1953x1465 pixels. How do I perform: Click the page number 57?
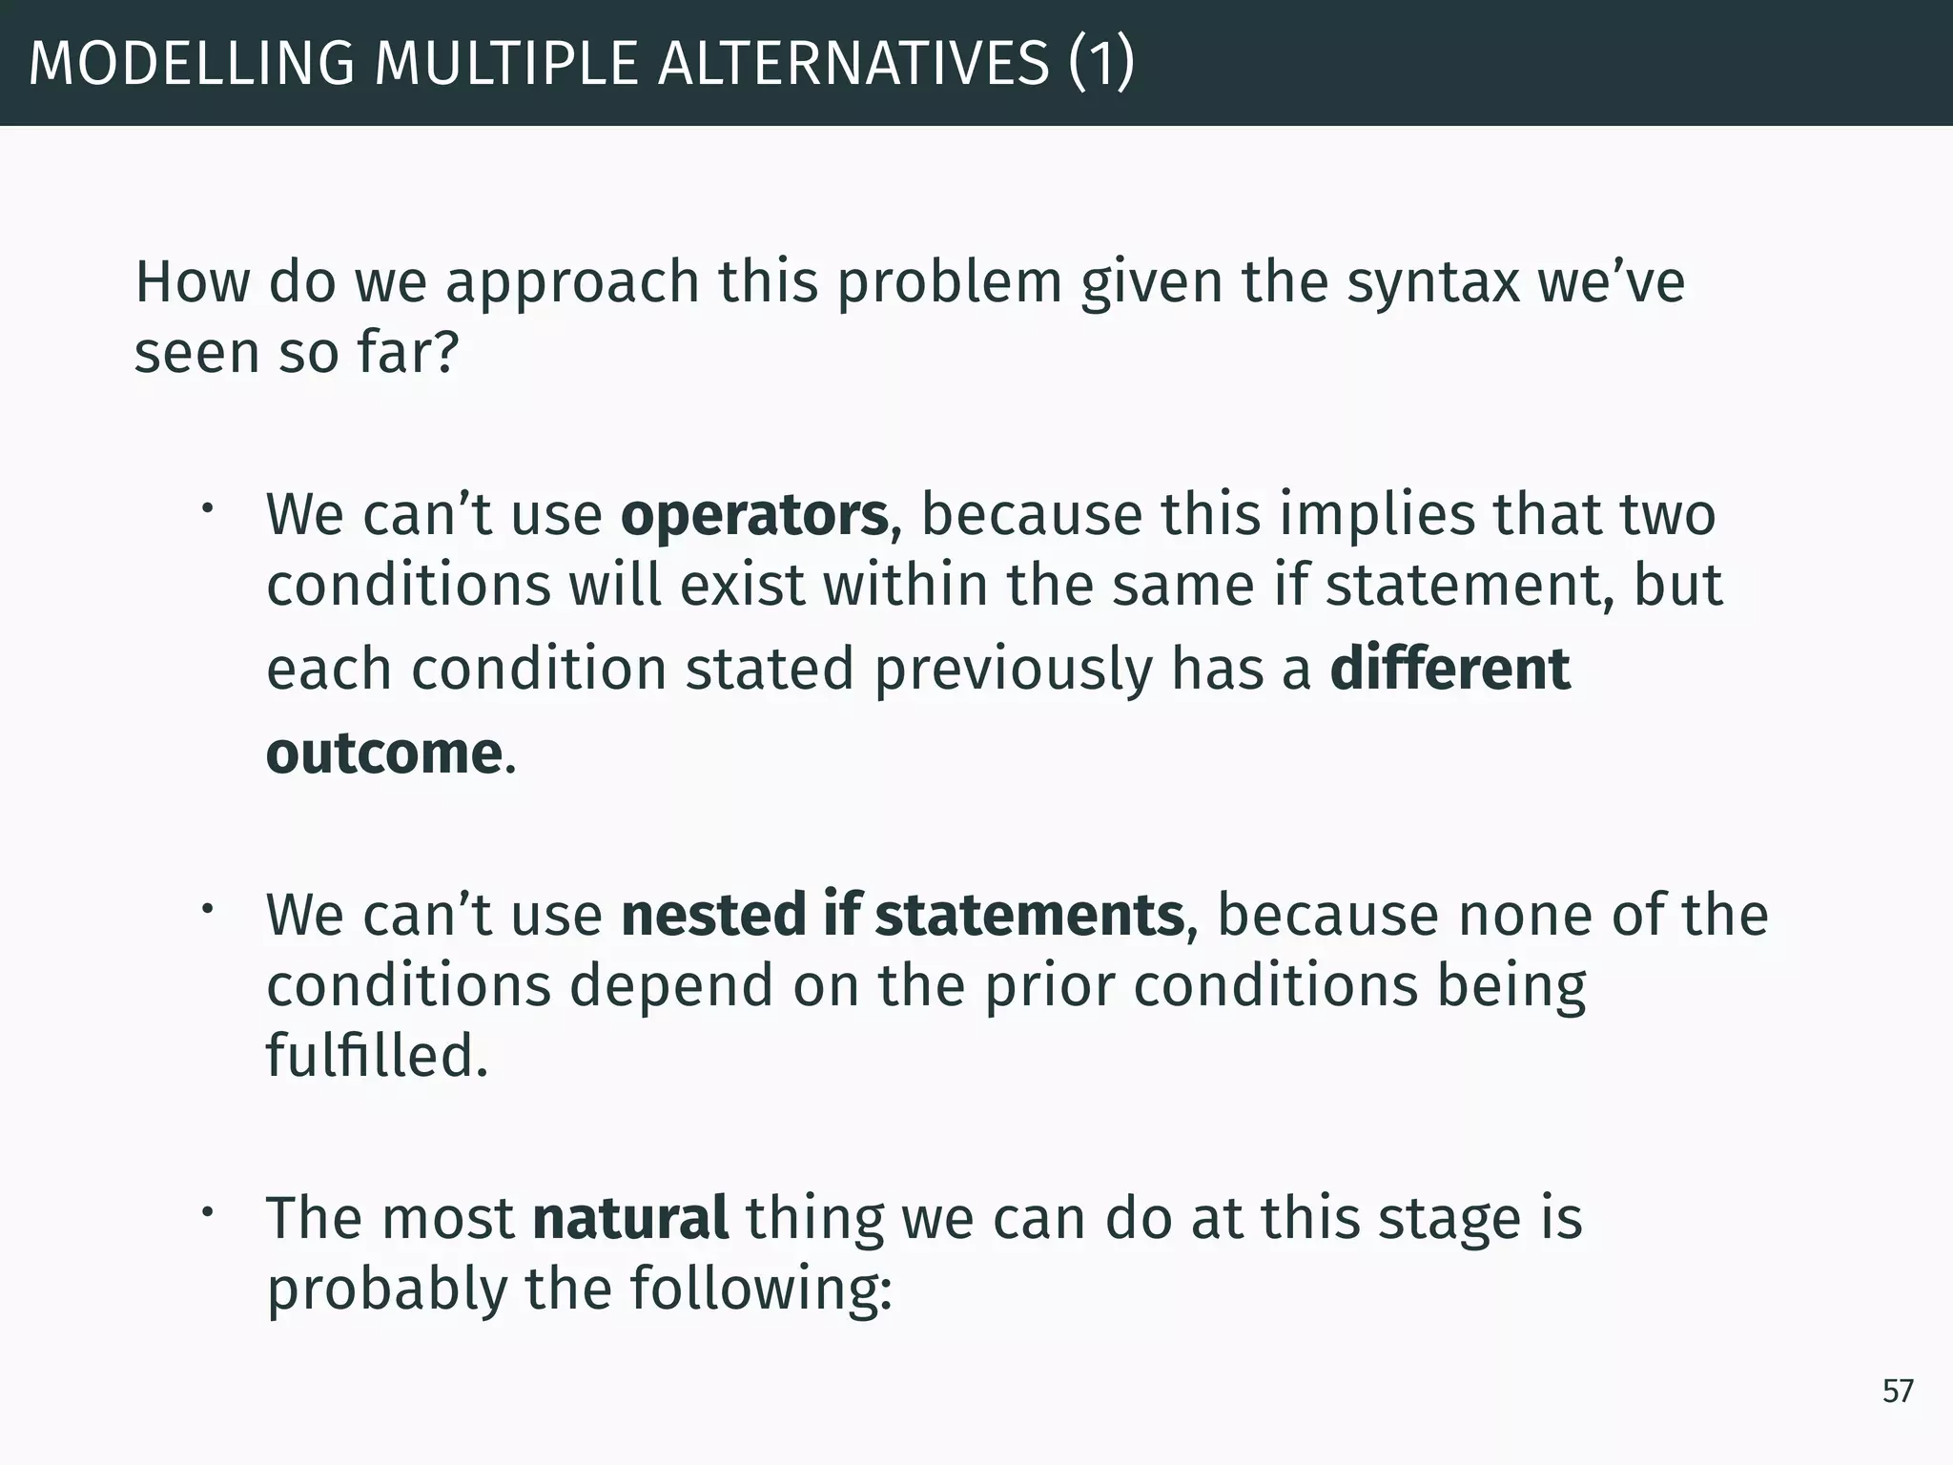coord(1897,1392)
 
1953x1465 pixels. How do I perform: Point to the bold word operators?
coord(754,515)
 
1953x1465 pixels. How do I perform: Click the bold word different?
coord(1449,670)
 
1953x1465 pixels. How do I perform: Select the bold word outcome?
coord(383,753)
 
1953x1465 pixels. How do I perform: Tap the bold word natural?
coord(630,1219)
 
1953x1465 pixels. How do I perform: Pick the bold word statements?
coord(1029,916)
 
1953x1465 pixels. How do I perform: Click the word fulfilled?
coord(377,1057)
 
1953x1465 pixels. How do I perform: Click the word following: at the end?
coord(760,1290)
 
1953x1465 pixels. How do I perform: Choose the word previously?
coord(1013,670)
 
